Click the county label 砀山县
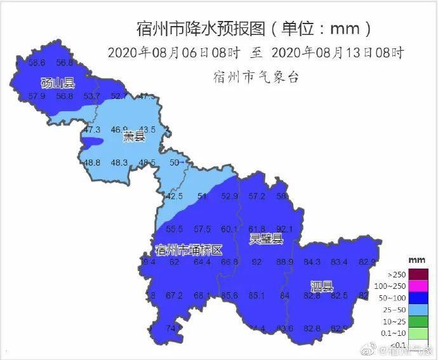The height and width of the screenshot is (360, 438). pos(58,83)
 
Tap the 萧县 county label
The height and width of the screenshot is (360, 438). pos(134,137)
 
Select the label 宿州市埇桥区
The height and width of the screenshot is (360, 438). pos(189,250)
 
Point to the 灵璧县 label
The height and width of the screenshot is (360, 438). pos(266,239)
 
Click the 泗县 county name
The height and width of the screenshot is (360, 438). pos(322,286)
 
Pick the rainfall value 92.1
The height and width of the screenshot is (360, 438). pos(285,229)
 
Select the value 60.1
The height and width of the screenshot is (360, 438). pos(229,229)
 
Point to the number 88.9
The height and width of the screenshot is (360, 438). pos(284,262)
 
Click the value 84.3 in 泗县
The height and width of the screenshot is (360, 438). pos(312,262)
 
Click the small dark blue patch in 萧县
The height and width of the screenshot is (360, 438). pos(93,141)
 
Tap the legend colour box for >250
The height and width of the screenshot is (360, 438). pos(418,275)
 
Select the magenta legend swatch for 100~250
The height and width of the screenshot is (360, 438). pos(418,286)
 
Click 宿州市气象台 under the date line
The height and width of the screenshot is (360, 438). pos(256,77)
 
